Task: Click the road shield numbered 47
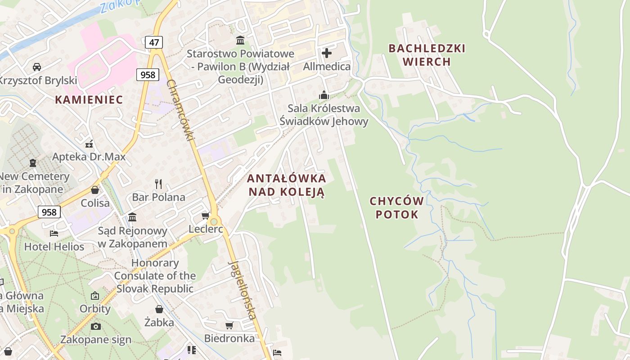pyautogui.click(x=154, y=43)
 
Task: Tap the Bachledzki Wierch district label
pyautogui.click(x=427, y=55)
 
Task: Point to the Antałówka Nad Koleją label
pyautogui.click(x=286, y=185)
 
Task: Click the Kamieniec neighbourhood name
pyautogui.click(x=89, y=100)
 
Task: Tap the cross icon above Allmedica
pyautogui.click(x=327, y=53)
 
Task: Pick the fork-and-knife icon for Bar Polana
pyautogui.click(x=158, y=184)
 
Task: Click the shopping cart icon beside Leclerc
pyautogui.click(x=206, y=216)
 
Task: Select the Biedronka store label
pyautogui.click(x=229, y=338)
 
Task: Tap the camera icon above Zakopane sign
pyautogui.click(x=96, y=326)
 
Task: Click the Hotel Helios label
pyautogui.click(x=54, y=247)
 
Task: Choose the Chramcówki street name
pyautogui.click(x=180, y=110)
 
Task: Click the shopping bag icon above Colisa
pyautogui.click(x=95, y=190)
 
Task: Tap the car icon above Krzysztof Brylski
pyautogui.click(x=37, y=67)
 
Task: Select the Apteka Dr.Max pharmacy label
pyautogui.click(x=89, y=157)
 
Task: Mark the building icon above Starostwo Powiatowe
pyautogui.click(x=240, y=40)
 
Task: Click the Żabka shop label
pyautogui.click(x=159, y=322)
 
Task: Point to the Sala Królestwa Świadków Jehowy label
pyautogui.click(x=324, y=115)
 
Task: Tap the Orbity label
pyautogui.click(x=95, y=309)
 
